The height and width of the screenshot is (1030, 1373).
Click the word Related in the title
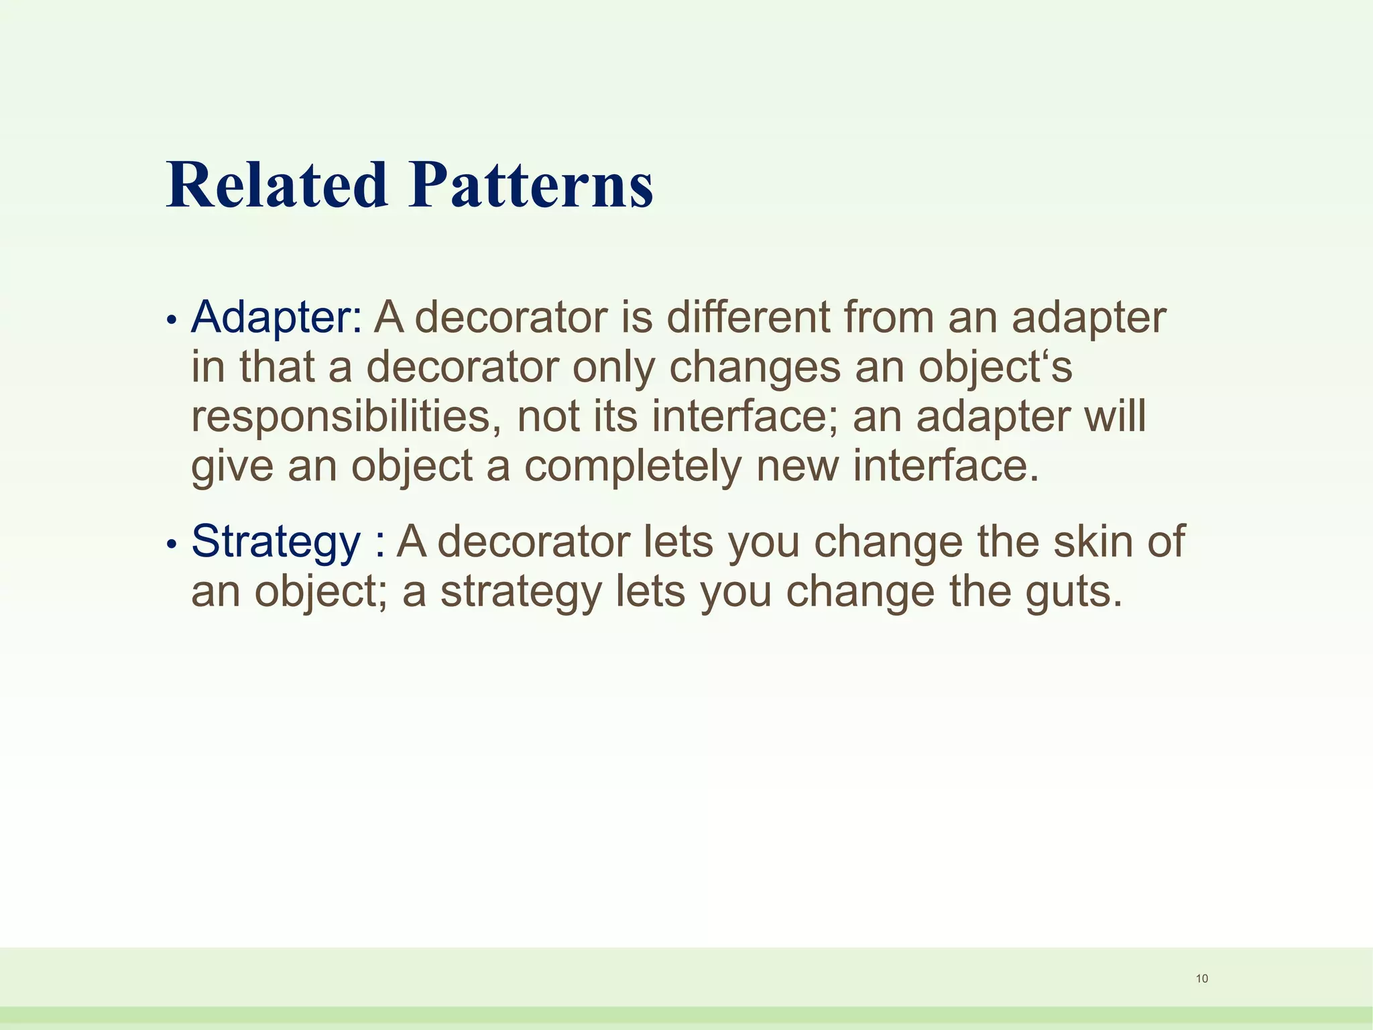coord(277,185)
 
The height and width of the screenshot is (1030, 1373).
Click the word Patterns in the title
coord(531,185)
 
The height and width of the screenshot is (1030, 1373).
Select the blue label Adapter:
coord(277,317)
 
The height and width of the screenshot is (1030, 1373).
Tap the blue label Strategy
coord(276,541)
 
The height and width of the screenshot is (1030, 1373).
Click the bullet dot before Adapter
coord(172,321)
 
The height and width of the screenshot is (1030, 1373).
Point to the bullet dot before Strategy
coord(172,545)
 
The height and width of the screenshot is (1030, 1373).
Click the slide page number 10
coord(1202,978)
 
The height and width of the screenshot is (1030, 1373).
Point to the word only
coord(613,367)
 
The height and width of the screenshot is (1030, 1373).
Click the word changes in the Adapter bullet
coord(755,367)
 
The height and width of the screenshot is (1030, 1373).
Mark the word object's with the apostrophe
coord(995,367)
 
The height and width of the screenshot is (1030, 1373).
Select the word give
coord(232,466)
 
